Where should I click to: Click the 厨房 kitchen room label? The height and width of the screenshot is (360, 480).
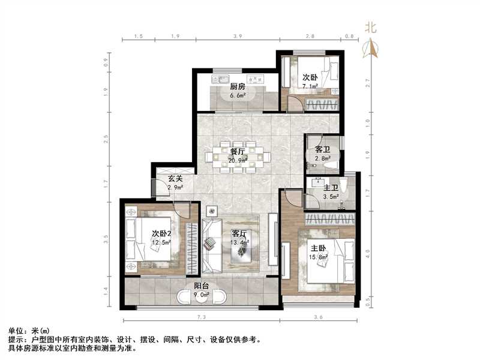(238, 86)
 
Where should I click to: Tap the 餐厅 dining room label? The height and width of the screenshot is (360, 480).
(230, 151)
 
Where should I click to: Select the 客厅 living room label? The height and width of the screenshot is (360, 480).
(239, 234)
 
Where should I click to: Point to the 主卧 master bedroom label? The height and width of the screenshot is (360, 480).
(319, 248)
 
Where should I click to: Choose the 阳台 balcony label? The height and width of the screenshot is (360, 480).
(202, 286)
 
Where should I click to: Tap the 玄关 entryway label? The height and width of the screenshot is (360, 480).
(175, 179)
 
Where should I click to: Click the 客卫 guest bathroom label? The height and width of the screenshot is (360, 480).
(323, 149)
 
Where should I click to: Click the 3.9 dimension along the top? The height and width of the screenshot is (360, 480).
(237, 37)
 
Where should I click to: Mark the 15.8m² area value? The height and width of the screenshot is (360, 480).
(319, 257)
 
